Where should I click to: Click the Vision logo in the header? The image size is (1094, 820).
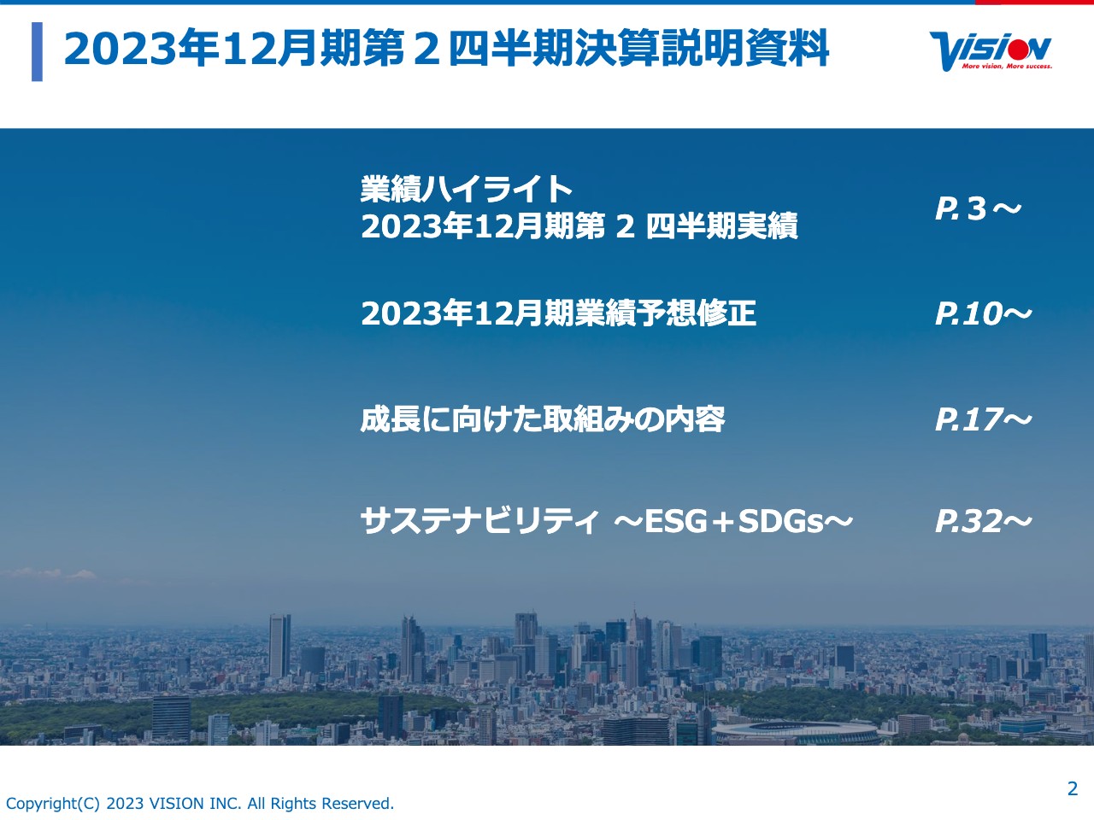tap(991, 50)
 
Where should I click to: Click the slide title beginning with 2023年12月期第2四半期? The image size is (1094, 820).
tap(446, 49)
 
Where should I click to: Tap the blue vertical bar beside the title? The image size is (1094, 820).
tap(37, 52)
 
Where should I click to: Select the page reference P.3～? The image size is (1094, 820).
tap(978, 208)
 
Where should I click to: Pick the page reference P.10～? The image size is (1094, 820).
tap(983, 314)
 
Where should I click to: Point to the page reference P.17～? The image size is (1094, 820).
tap(983, 419)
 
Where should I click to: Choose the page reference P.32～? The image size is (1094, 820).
tap(983, 521)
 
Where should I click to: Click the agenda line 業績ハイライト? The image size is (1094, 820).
tap(467, 189)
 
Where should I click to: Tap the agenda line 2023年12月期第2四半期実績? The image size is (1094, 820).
tap(579, 226)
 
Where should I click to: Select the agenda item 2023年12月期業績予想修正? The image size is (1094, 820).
tap(558, 313)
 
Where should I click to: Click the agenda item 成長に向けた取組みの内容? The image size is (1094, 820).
tap(543, 419)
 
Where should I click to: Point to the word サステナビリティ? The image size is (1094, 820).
tap(479, 521)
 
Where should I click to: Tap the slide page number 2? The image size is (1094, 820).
tap(1073, 788)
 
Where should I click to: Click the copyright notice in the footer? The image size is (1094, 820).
tap(200, 804)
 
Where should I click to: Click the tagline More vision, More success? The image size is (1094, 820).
tap(1007, 66)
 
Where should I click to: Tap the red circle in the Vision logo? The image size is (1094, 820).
tap(1017, 46)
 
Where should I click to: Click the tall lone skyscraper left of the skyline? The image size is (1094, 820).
tap(279, 645)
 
